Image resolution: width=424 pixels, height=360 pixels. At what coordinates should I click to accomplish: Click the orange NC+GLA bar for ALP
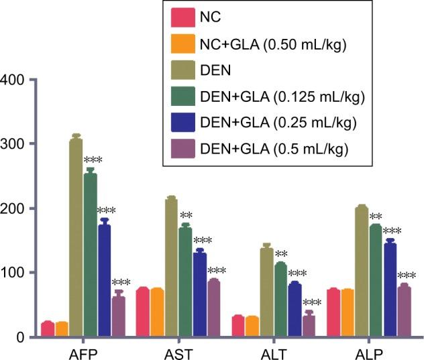click(x=348, y=312)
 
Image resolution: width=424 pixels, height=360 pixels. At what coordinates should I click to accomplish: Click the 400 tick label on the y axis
click(x=13, y=80)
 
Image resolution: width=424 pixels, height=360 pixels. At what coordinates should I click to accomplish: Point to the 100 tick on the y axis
click(x=13, y=273)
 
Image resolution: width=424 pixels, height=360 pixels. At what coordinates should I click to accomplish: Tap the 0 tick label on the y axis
click(x=19, y=337)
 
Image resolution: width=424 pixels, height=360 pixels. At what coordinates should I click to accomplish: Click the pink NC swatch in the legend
click(x=182, y=15)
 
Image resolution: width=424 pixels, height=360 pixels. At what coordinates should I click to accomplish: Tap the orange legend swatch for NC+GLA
click(x=182, y=44)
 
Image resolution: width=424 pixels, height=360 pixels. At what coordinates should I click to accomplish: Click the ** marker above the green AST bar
click(x=187, y=216)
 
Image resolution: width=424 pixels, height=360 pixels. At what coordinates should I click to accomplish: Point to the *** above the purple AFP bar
click(x=121, y=283)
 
